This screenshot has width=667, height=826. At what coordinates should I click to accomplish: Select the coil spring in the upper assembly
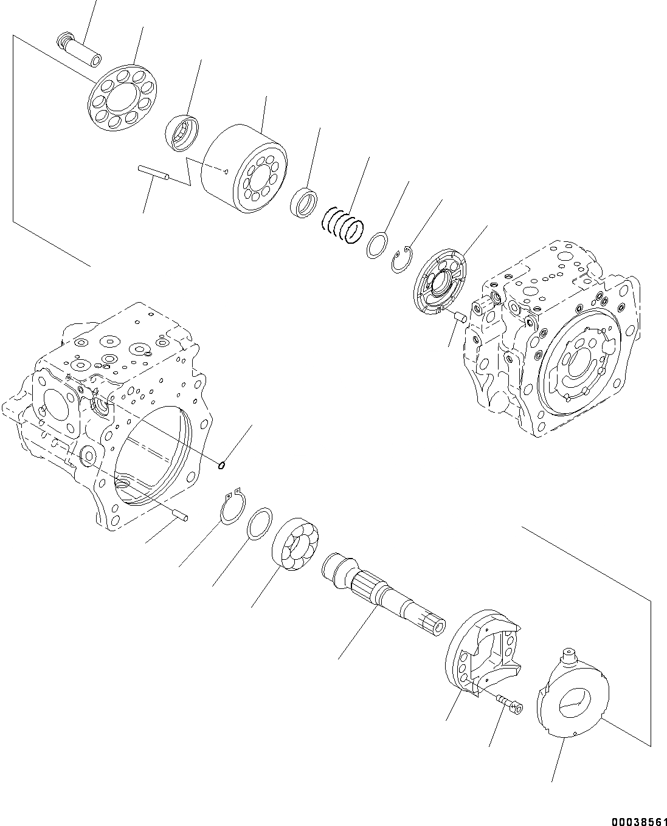[342, 225]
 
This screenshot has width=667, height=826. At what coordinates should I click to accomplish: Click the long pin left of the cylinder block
[154, 173]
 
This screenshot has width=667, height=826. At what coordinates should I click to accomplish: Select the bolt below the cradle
[509, 704]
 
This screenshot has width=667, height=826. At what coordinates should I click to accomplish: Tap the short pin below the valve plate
[460, 317]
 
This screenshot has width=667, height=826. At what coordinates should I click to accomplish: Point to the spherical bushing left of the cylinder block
[182, 132]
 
